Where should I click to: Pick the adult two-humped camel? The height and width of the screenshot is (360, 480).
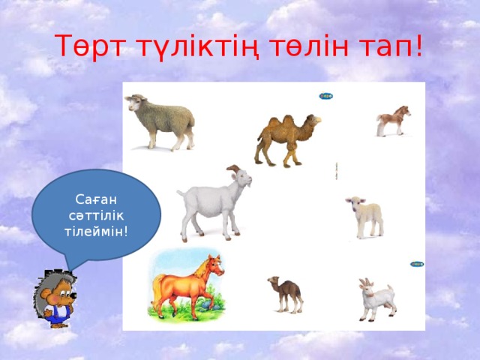[x=286, y=139]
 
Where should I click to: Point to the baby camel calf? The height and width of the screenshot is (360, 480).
[x=286, y=293]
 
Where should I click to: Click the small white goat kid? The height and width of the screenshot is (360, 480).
[x=376, y=299]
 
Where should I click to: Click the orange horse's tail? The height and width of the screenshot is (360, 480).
[x=159, y=289]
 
